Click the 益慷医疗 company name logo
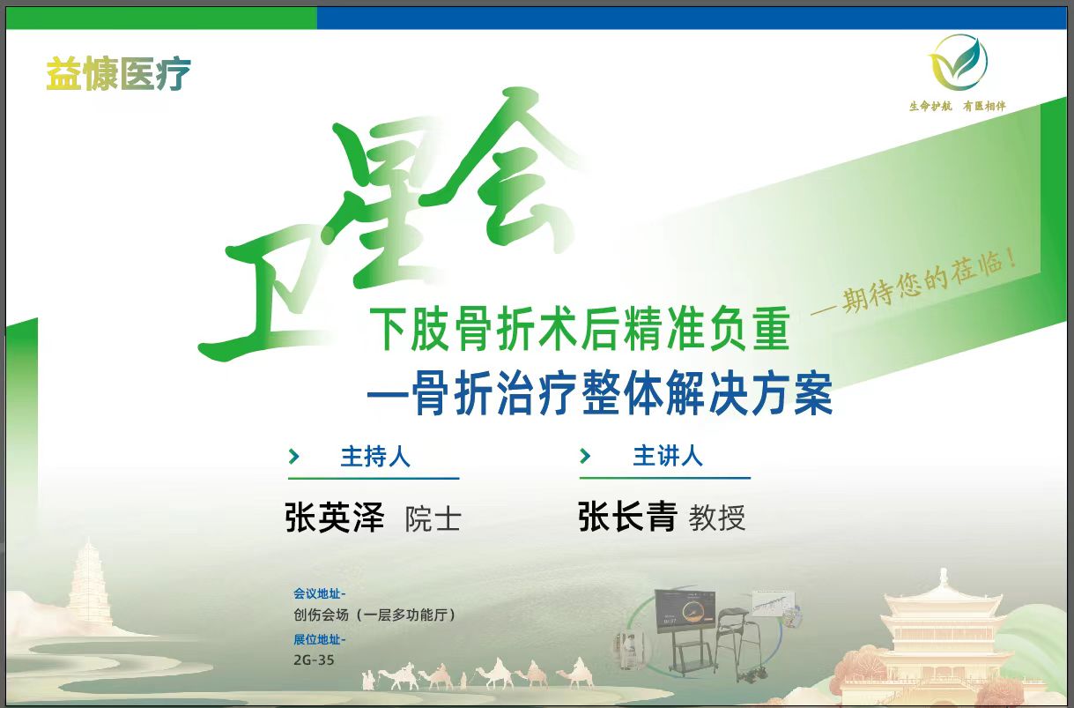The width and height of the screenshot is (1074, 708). pyautogui.click(x=118, y=74)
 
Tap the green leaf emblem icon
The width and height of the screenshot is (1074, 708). pyautogui.click(x=958, y=63)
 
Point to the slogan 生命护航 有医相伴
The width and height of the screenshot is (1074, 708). pyautogui.click(x=957, y=106)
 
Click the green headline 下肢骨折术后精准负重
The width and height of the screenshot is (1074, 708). pyautogui.click(x=580, y=329)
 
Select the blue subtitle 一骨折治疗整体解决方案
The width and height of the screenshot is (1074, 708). pyautogui.click(x=599, y=392)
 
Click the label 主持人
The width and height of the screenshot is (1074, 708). pyautogui.click(x=375, y=456)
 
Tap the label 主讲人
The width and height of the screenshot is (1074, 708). pyautogui.click(x=668, y=456)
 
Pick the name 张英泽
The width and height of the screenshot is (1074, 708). pyautogui.click(x=335, y=518)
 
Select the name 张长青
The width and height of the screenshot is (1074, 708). pyautogui.click(x=627, y=516)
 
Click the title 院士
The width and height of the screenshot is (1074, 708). pyautogui.click(x=433, y=519)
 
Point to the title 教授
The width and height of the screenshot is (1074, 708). pyautogui.click(x=717, y=518)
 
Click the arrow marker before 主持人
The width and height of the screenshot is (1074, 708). pyautogui.click(x=294, y=456)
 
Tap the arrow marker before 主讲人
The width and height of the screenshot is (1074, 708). pyautogui.click(x=585, y=456)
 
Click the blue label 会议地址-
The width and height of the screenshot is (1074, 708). pyautogui.click(x=319, y=594)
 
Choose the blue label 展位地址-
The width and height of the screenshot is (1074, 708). pyautogui.click(x=319, y=639)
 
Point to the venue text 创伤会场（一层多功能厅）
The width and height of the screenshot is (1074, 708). pyautogui.click(x=374, y=615)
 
